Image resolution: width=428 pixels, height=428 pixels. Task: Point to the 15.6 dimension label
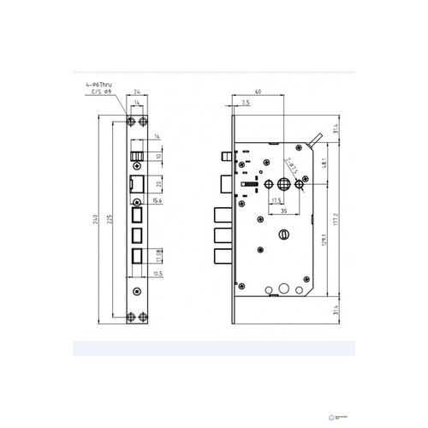[157, 200]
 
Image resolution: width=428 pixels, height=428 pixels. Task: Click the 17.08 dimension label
[160, 253]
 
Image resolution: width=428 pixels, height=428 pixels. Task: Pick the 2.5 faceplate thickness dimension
[245, 103]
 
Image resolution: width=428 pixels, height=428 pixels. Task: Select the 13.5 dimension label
[276, 199]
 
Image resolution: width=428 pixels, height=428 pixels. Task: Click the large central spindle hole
[282, 182]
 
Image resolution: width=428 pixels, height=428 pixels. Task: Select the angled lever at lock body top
[315, 137]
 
